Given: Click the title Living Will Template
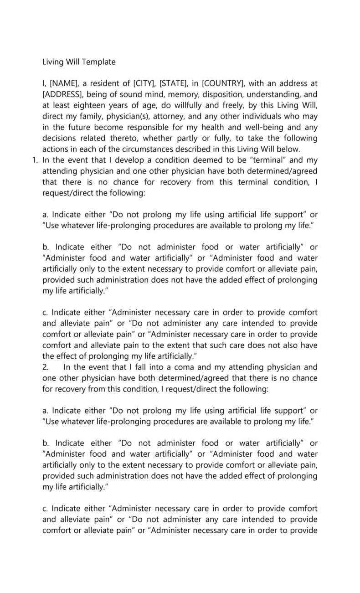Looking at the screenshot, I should tap(79, 62).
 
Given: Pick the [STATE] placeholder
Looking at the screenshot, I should tap(174, 84).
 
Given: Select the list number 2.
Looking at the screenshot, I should tap(45, 367).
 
